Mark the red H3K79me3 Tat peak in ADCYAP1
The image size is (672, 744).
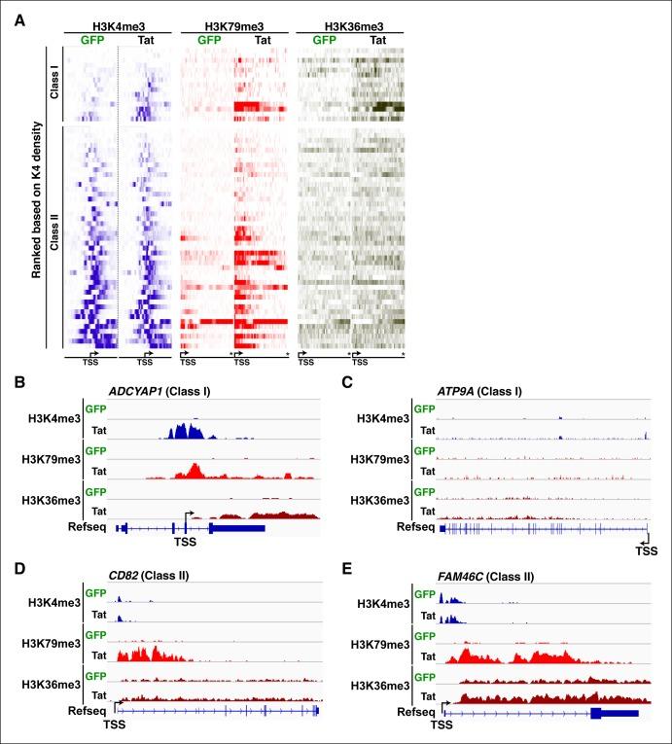click(193, 472)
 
